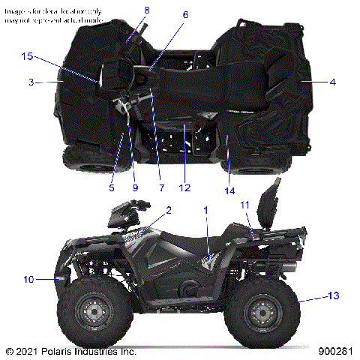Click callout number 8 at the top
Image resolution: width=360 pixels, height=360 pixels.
click(x=147, y=10)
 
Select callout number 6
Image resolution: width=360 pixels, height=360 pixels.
click(x=185, y=14)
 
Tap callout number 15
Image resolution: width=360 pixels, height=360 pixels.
click(x=28, y=56)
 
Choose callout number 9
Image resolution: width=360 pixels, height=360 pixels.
click(x=135, y=187)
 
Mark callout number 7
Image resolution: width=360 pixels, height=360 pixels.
click(x=160, y=187)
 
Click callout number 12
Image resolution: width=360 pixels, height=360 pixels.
click(x=184, y=187)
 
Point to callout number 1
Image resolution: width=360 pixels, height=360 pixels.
click(x=206, y=211)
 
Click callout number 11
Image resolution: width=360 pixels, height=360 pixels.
click(x=244, y=205)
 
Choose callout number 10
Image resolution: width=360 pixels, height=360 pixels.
click(x=28, y=280)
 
